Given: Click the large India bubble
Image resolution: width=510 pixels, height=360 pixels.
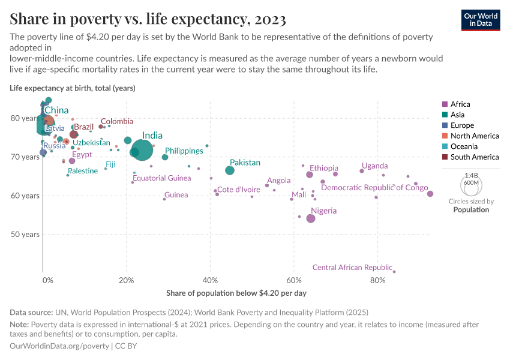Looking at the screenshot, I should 142,150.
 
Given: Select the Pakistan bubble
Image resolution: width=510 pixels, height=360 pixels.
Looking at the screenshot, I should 230,170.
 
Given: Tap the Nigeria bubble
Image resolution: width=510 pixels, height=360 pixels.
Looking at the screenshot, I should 311,218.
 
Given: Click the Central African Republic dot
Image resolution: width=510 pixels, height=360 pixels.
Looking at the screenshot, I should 394,272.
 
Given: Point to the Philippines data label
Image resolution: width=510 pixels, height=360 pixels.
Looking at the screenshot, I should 184,151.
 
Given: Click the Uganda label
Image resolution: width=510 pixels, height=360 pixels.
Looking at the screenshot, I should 374,166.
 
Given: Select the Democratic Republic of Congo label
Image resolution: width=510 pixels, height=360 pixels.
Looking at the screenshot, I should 374,188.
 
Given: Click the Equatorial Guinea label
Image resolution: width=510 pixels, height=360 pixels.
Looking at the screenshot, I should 162,178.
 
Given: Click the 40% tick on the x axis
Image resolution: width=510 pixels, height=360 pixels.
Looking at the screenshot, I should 210,280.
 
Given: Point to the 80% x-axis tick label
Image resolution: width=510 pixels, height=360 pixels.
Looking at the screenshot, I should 377,280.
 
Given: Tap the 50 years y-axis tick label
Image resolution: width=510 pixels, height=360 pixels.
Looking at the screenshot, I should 25,235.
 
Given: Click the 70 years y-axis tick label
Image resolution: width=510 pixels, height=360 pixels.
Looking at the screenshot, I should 25,157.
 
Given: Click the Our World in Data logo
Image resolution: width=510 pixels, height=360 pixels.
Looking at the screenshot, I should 480,20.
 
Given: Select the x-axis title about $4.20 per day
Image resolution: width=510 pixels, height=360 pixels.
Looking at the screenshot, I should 236,293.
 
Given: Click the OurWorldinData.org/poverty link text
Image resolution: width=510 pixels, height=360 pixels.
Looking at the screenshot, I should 59,346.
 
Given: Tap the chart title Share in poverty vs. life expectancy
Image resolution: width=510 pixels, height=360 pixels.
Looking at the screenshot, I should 148,19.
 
